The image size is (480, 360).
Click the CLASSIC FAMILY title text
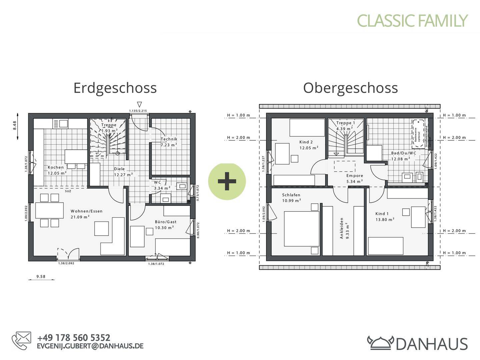point(412,21)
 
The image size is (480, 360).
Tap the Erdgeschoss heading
point(115,88)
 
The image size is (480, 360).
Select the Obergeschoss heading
point(350,88)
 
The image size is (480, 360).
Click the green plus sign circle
point(227,182)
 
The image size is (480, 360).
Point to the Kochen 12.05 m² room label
point(56,170)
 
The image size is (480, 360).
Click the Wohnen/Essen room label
point(86,214)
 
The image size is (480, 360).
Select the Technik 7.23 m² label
point(169,142)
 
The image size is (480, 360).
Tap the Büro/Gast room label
point(165,225)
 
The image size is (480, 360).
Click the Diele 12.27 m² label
point(123,172)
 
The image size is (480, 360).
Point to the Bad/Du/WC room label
point(403,156)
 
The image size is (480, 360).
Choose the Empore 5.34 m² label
point(354,179)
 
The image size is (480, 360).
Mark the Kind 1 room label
point(384,217)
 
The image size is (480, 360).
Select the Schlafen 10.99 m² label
point(291,198)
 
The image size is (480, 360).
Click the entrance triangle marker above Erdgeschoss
point(139,104)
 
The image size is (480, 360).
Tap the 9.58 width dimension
point(41,276)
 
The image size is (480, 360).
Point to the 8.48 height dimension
point(15,126)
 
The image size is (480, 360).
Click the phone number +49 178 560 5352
point(74,338)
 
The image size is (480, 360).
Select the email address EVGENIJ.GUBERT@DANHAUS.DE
point(90,346)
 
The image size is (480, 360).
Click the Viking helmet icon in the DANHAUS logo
point(380,343)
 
